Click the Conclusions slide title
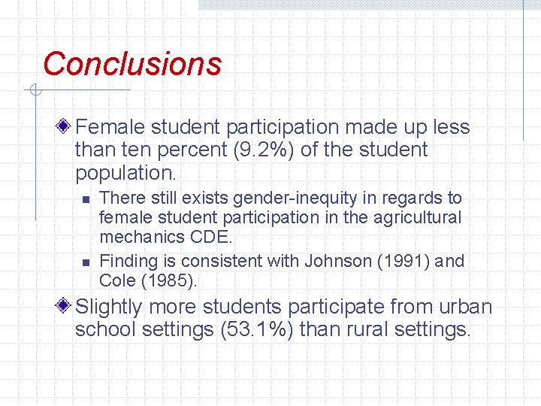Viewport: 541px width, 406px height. click(132, 64)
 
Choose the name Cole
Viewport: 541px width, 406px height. click(117, 282)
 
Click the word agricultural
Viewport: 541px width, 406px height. click(414, 218)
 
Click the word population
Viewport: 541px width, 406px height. click(125, 173)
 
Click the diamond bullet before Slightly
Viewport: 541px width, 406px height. click(66, 306)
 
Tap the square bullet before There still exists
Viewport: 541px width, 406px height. click(86, 199)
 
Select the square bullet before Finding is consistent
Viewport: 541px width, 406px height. click(86, 262)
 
